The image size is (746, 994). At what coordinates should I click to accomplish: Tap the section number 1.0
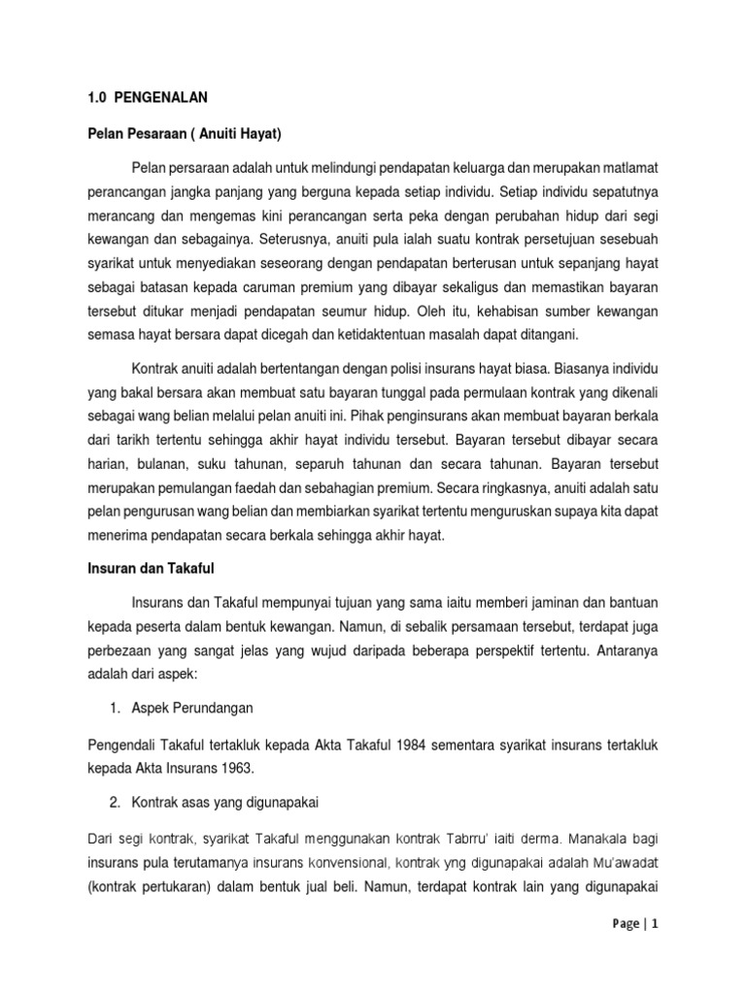pos(87,97)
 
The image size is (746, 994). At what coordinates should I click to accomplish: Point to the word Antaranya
pos(625,647)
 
